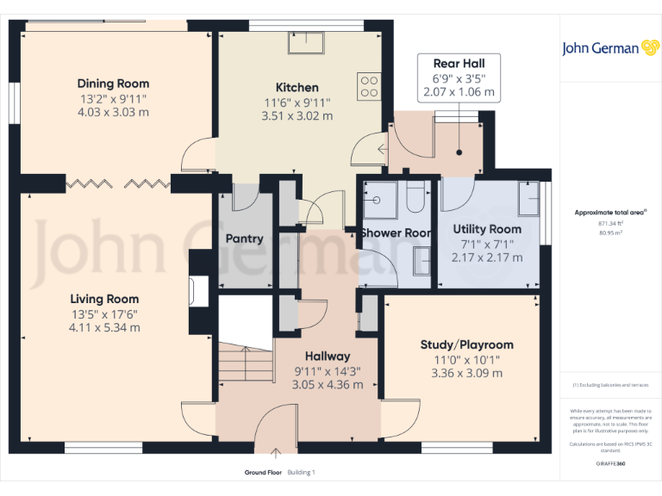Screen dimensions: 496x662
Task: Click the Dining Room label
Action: tap(113, 84)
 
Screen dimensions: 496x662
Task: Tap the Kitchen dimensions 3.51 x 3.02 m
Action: tap(297, 116)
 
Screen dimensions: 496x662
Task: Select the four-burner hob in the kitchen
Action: tap(368, 85)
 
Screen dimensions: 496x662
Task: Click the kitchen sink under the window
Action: tap(306, 43)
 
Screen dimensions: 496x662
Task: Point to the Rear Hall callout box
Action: tap(458, 77)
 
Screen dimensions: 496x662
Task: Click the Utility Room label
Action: tap(487, 229)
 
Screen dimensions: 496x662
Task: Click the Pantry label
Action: tap(244, 239)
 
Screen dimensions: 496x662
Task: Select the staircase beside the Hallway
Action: tap(244, 353)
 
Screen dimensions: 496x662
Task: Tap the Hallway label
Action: tap(328, 356)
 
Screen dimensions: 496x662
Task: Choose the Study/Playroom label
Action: tap(466, 344)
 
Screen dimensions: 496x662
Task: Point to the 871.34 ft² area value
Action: tap(600, 223)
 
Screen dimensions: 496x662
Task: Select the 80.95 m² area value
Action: tap(600, 232)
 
